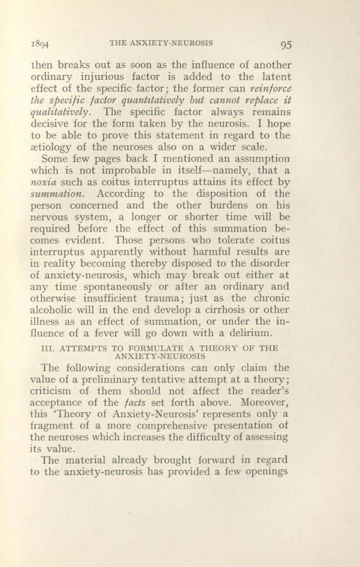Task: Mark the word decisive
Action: coord(54,125)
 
